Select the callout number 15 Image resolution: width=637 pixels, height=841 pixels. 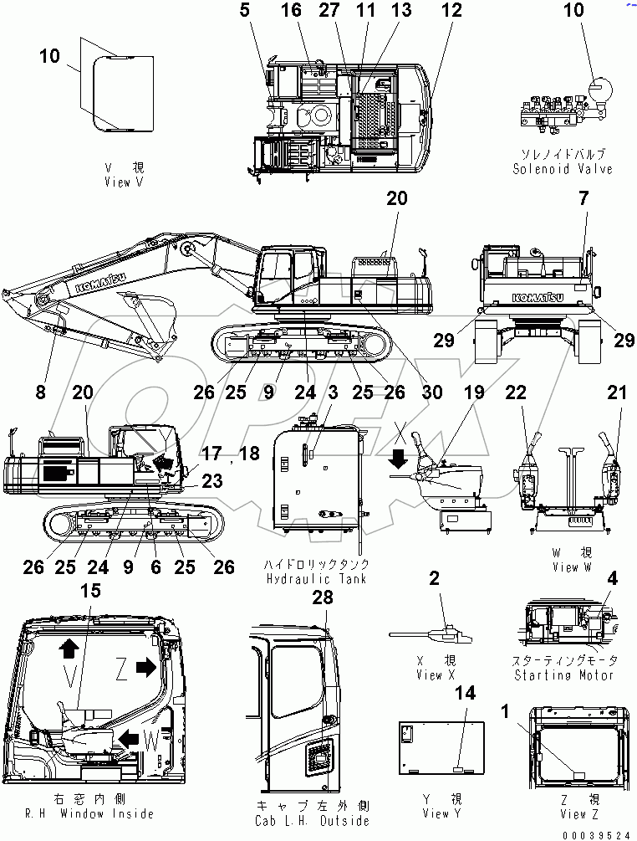point(89,591)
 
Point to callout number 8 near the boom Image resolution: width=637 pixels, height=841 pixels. point(41,390)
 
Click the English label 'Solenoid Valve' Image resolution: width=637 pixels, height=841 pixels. point(563,169)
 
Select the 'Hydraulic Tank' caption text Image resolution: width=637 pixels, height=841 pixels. point(316,579)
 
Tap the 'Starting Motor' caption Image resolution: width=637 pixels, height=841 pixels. point(563,675)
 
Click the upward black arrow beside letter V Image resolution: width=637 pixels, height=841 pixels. point(68,646)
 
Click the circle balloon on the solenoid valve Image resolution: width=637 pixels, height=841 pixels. point(599,88)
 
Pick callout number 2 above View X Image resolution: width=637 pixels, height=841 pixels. point(434,577)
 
